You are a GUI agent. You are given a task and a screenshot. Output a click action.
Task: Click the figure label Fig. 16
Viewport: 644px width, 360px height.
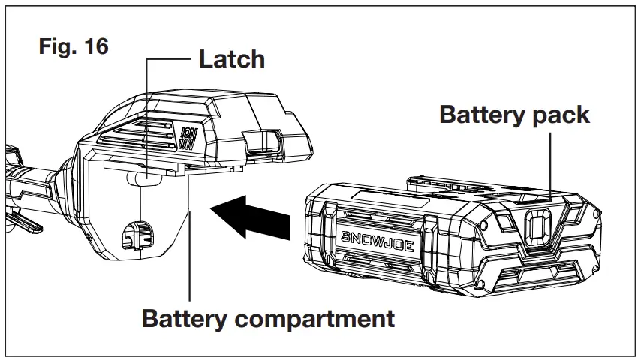(x=73, y=46)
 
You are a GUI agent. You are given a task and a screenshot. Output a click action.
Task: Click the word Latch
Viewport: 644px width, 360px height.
(x=231, y=59)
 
